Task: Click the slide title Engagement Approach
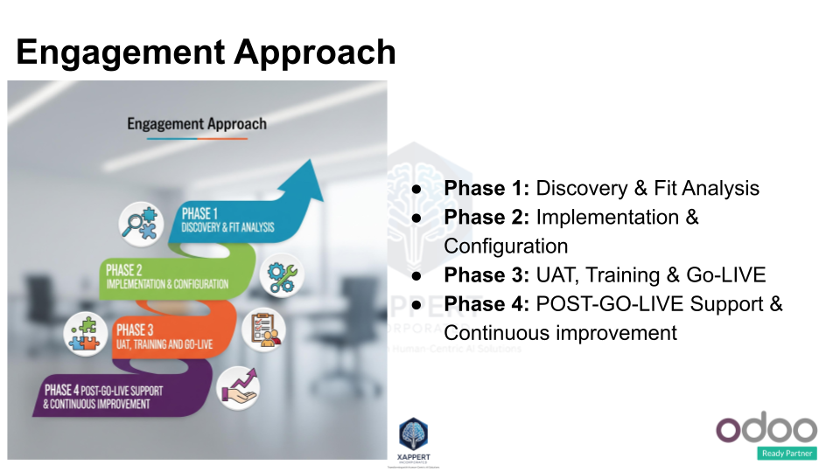[206, 52]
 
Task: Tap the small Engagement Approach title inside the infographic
[197, 123]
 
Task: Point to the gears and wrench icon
[284, 275]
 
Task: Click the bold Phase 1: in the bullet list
[486, 188]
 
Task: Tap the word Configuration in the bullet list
[506, 246]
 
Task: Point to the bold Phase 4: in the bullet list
[486, 304]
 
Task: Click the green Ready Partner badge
[787, 453]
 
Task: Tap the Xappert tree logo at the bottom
[413, 434]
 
